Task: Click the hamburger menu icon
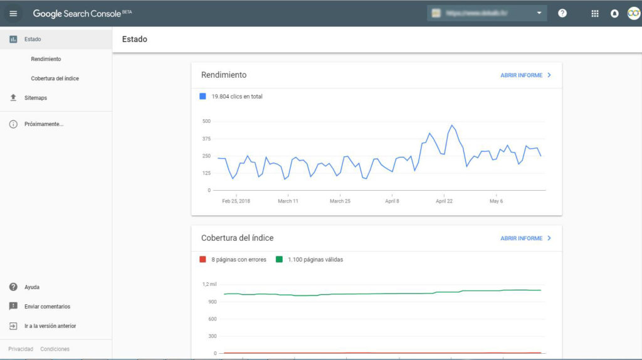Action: [13, 13]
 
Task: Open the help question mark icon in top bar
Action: [562, 13]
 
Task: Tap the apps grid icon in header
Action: [595, 13]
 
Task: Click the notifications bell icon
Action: [614, 13]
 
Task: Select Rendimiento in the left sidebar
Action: [46, 59]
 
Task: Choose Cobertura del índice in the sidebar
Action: [55, 78]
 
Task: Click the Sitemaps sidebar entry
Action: [36, 98]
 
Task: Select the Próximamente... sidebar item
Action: [43, 124]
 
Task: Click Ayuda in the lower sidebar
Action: [31, 287]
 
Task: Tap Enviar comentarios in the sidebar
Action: [47, 307]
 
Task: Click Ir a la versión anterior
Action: [50, 326]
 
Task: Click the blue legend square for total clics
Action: [203, 97]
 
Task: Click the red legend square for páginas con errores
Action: [203, 260]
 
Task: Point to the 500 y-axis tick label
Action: [206, 122]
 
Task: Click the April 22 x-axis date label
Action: [444, 201]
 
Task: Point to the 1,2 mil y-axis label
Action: [209, 285]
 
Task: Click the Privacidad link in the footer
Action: [21, 349]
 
